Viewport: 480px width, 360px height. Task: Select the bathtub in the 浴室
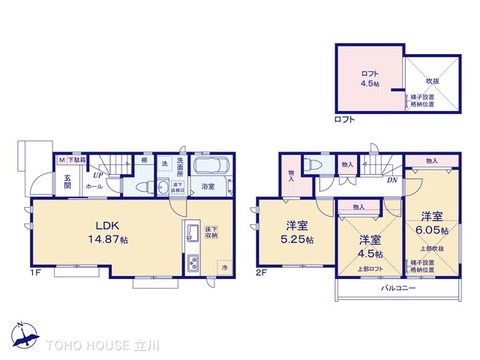(x=208, y=166)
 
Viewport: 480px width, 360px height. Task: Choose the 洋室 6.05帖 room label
(x=432, y=222)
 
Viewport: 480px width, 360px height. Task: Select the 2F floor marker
(x=262, y=272)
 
